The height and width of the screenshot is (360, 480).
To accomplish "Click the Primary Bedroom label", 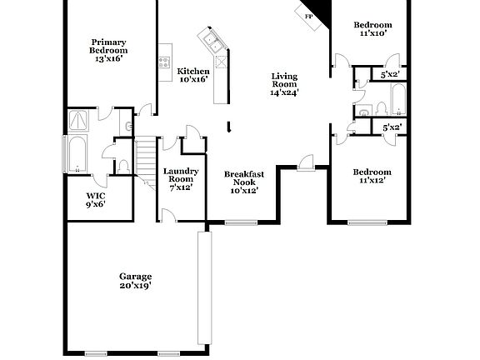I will point(108,50).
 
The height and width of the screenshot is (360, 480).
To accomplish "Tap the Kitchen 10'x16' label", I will point(193,75).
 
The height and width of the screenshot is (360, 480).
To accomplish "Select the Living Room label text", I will point(284,85).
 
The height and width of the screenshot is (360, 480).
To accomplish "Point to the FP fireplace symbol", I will point(309,16).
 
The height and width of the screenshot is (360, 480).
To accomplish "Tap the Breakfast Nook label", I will point(245,182).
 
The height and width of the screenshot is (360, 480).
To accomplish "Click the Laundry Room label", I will point(180,179).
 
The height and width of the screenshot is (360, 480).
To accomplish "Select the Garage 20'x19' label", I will point(134,281).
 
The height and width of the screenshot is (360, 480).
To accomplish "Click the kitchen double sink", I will point(208,39).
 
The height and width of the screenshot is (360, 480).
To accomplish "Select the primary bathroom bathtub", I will point(78,155).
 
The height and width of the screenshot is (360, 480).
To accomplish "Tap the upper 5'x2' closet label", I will point(391,75).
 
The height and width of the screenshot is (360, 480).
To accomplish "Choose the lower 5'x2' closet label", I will point(392,127).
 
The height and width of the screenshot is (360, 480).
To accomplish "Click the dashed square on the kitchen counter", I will point(221,62).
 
